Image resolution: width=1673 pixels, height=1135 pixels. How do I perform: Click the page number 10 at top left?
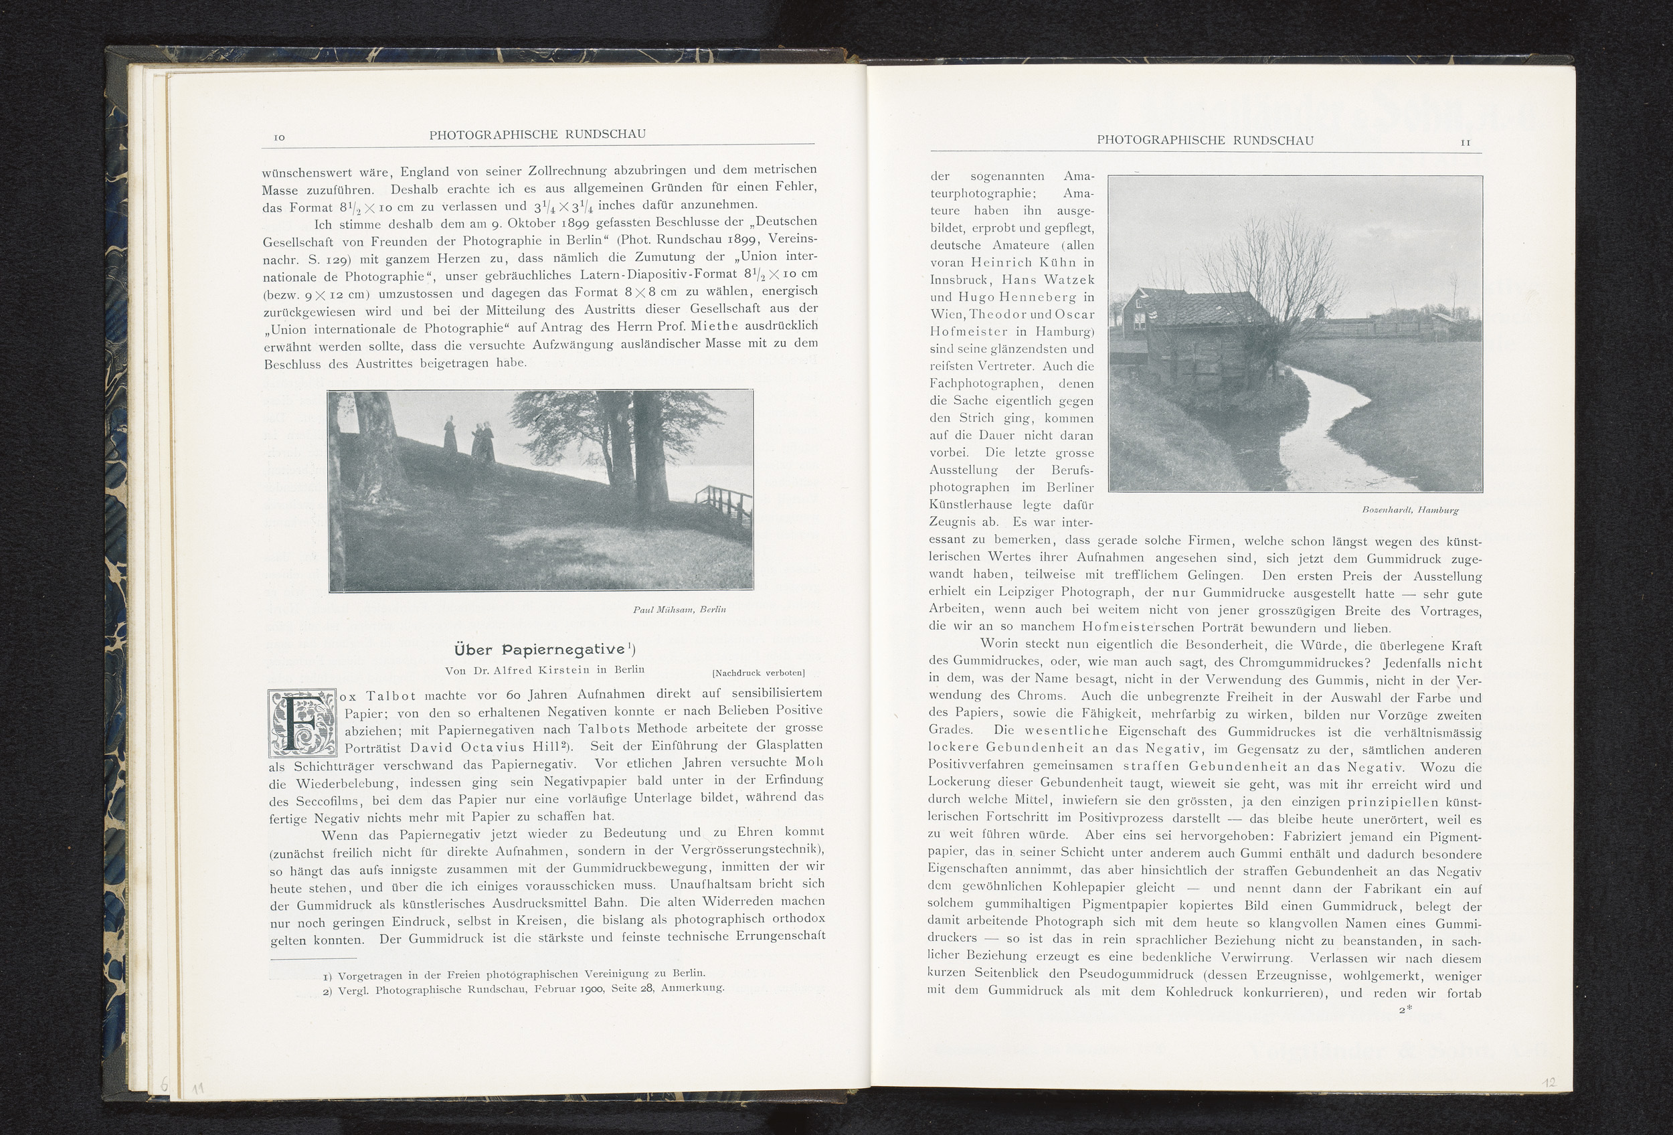280,137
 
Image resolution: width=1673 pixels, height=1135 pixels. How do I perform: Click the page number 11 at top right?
1464,143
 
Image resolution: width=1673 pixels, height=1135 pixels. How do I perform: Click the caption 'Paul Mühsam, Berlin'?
679,610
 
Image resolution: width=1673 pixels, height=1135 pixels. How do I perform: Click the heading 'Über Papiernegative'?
544,649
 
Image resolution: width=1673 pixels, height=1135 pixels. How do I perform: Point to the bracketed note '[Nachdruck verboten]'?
758,673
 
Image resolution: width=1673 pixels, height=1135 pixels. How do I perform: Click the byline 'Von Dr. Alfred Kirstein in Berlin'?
544,670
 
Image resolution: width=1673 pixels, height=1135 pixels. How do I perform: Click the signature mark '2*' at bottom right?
1405,1010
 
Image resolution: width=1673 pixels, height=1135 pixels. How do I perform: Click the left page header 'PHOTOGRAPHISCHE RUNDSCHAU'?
537,135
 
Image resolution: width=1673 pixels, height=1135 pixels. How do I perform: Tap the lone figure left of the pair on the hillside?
450,436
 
